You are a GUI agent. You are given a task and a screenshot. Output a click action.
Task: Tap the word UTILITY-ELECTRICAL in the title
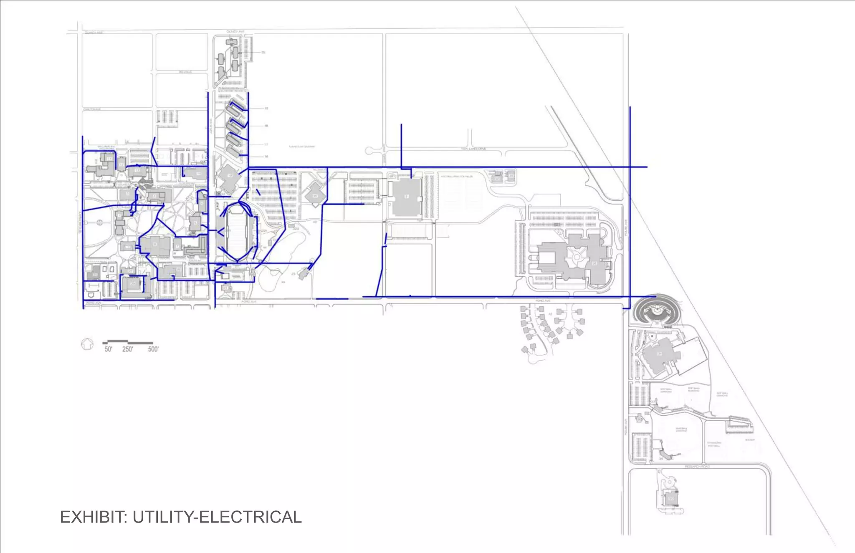pos(217,517)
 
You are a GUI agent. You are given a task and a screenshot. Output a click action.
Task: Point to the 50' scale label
pos(108,349)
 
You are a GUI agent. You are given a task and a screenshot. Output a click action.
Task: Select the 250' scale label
pos(127,349)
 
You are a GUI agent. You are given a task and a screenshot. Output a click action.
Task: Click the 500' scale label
pos(153,349)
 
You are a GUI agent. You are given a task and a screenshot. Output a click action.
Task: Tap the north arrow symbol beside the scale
pos(87,344)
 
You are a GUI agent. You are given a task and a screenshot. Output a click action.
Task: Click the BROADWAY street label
pos(80,223)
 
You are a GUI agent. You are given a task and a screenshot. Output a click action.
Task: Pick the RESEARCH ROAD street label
pos(697,466)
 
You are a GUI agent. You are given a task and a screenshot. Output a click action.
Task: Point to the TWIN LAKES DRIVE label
pos(473,149)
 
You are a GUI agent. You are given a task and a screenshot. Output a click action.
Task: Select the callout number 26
pos(263,53)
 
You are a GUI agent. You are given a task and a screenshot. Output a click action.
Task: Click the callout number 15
pos(266,109)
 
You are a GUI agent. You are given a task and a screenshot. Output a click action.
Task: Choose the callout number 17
pos(266,144)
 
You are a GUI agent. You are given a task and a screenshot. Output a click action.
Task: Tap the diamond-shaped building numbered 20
pos(315,196)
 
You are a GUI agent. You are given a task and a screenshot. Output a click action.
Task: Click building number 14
pos(199,173)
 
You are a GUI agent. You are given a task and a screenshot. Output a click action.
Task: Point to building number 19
pos(229,176)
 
